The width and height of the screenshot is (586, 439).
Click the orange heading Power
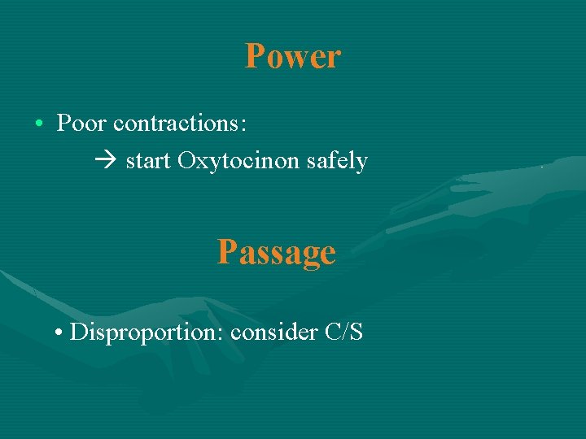point(293,57)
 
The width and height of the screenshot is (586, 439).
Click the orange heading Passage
point(277,252)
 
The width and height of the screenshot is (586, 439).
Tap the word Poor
point(81,124)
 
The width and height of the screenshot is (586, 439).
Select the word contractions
point(178,124)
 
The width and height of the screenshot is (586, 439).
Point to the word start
point(148,162)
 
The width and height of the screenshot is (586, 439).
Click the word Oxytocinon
point(239,162)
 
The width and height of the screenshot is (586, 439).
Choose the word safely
point(337,162)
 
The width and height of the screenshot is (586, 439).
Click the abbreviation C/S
point(343,333)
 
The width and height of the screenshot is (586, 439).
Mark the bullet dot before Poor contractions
point(39,124)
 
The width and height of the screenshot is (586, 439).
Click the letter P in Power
point(255,57)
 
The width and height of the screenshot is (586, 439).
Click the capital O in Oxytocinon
point(186,161)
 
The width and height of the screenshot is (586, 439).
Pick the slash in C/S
point(344,333)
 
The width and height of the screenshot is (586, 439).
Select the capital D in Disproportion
point(78,332)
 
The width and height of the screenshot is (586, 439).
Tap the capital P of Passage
point(226,252)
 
